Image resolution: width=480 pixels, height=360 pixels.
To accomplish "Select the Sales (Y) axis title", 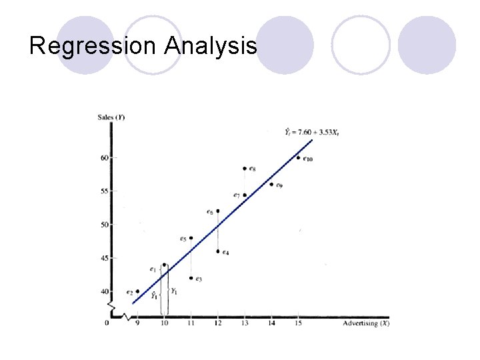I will pos(111,117).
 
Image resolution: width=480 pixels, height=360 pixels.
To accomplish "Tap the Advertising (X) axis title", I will pos(366,323).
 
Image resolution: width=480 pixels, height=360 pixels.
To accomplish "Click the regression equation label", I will pos(312,132).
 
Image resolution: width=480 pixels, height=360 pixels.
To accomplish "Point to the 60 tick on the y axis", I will pos(105,158).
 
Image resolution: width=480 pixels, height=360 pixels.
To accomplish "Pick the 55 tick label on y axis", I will pos(105,191).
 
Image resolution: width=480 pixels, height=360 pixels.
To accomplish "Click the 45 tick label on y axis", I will pos(105,258).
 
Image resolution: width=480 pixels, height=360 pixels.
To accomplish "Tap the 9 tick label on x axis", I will pos(137,323).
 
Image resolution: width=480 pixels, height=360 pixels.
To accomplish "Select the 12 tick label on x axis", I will pos(217,323).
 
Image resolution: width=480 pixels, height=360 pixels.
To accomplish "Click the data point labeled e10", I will pos(298,158).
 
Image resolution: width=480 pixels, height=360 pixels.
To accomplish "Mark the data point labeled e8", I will pos(245,169).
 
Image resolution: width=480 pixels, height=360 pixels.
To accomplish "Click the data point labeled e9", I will pos(271,184).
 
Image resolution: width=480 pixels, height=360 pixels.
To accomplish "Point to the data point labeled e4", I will pos(218,251).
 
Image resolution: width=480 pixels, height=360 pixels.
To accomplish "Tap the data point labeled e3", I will pos(191,278).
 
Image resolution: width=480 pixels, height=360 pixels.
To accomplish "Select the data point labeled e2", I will pos(137,291).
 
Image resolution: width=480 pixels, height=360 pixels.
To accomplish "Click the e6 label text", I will pos(209,212).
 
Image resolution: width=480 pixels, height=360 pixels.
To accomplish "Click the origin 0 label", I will pos(107,323).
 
